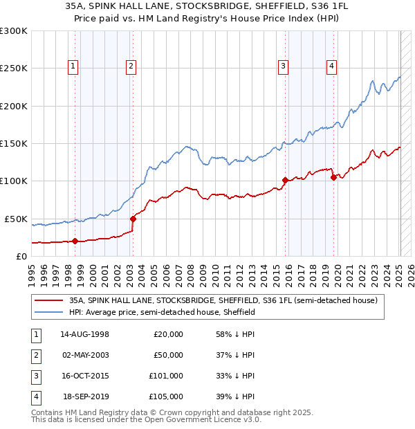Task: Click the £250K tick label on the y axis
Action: (14, 69)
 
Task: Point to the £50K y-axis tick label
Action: (16, 219)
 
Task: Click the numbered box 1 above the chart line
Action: (73, 66)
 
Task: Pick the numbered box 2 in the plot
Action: (131, 66)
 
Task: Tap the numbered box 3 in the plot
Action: (284, 66)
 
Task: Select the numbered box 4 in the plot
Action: (332, 66)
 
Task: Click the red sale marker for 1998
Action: (75, 241)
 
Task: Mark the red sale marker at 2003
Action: (133, 219)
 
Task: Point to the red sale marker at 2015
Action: (285, 180)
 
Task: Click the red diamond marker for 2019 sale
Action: (333, 177)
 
